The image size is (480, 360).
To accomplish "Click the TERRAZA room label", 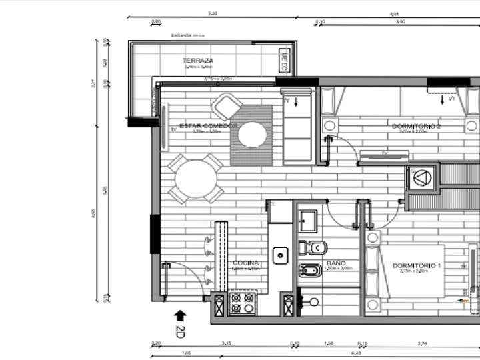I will tap(197, 61).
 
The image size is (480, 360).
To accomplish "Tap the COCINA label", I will tap(245, 263).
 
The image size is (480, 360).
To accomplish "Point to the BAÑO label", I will tap(335, 263).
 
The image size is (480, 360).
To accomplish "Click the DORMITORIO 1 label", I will tap(417, 266).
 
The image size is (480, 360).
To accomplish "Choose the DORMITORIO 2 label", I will tap(416, 125).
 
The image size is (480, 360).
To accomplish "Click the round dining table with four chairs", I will tap(196, 179).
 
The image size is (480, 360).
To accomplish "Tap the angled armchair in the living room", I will tap(225, 107).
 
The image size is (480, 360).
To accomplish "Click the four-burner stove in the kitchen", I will tap(242, 303).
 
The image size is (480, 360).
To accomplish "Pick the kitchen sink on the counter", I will tap(281, 254).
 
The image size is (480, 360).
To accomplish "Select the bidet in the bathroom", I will tap(310, 271).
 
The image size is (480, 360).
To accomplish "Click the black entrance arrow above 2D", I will tap(179, 315).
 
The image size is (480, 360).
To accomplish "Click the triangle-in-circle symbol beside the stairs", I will tap(423, 177).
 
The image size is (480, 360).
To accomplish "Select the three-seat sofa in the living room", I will tap(297, 127).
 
